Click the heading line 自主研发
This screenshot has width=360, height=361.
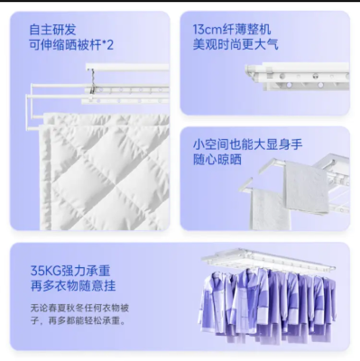[x=52, y=30]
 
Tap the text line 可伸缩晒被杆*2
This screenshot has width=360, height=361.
[x=71, y=45]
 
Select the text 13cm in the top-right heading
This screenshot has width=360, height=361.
[x=208, y=30]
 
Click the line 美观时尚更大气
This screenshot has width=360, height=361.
[x=235, y=44]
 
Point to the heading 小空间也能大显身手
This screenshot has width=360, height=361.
[x=247, y=144]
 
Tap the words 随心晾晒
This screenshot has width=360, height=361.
[x=217, y=159]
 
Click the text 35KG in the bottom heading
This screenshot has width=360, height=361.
[x=45, y=271]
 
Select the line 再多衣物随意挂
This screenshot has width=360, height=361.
[x=73, y=285]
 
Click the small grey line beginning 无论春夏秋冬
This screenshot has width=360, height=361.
[x=79, y=309]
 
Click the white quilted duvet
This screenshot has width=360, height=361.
[x=105, y=171]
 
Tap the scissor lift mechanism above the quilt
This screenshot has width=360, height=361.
[x=94, y=82]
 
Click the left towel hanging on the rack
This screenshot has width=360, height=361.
[x=270, y=208]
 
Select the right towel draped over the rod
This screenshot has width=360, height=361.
[x=306, y=187]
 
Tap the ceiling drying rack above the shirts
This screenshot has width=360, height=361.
[x=268, y=260]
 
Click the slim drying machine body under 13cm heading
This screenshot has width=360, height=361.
[x=298, y=77]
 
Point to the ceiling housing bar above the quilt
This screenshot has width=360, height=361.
[x=127, y=67]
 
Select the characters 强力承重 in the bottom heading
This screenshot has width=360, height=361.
[x=86, y=271]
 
